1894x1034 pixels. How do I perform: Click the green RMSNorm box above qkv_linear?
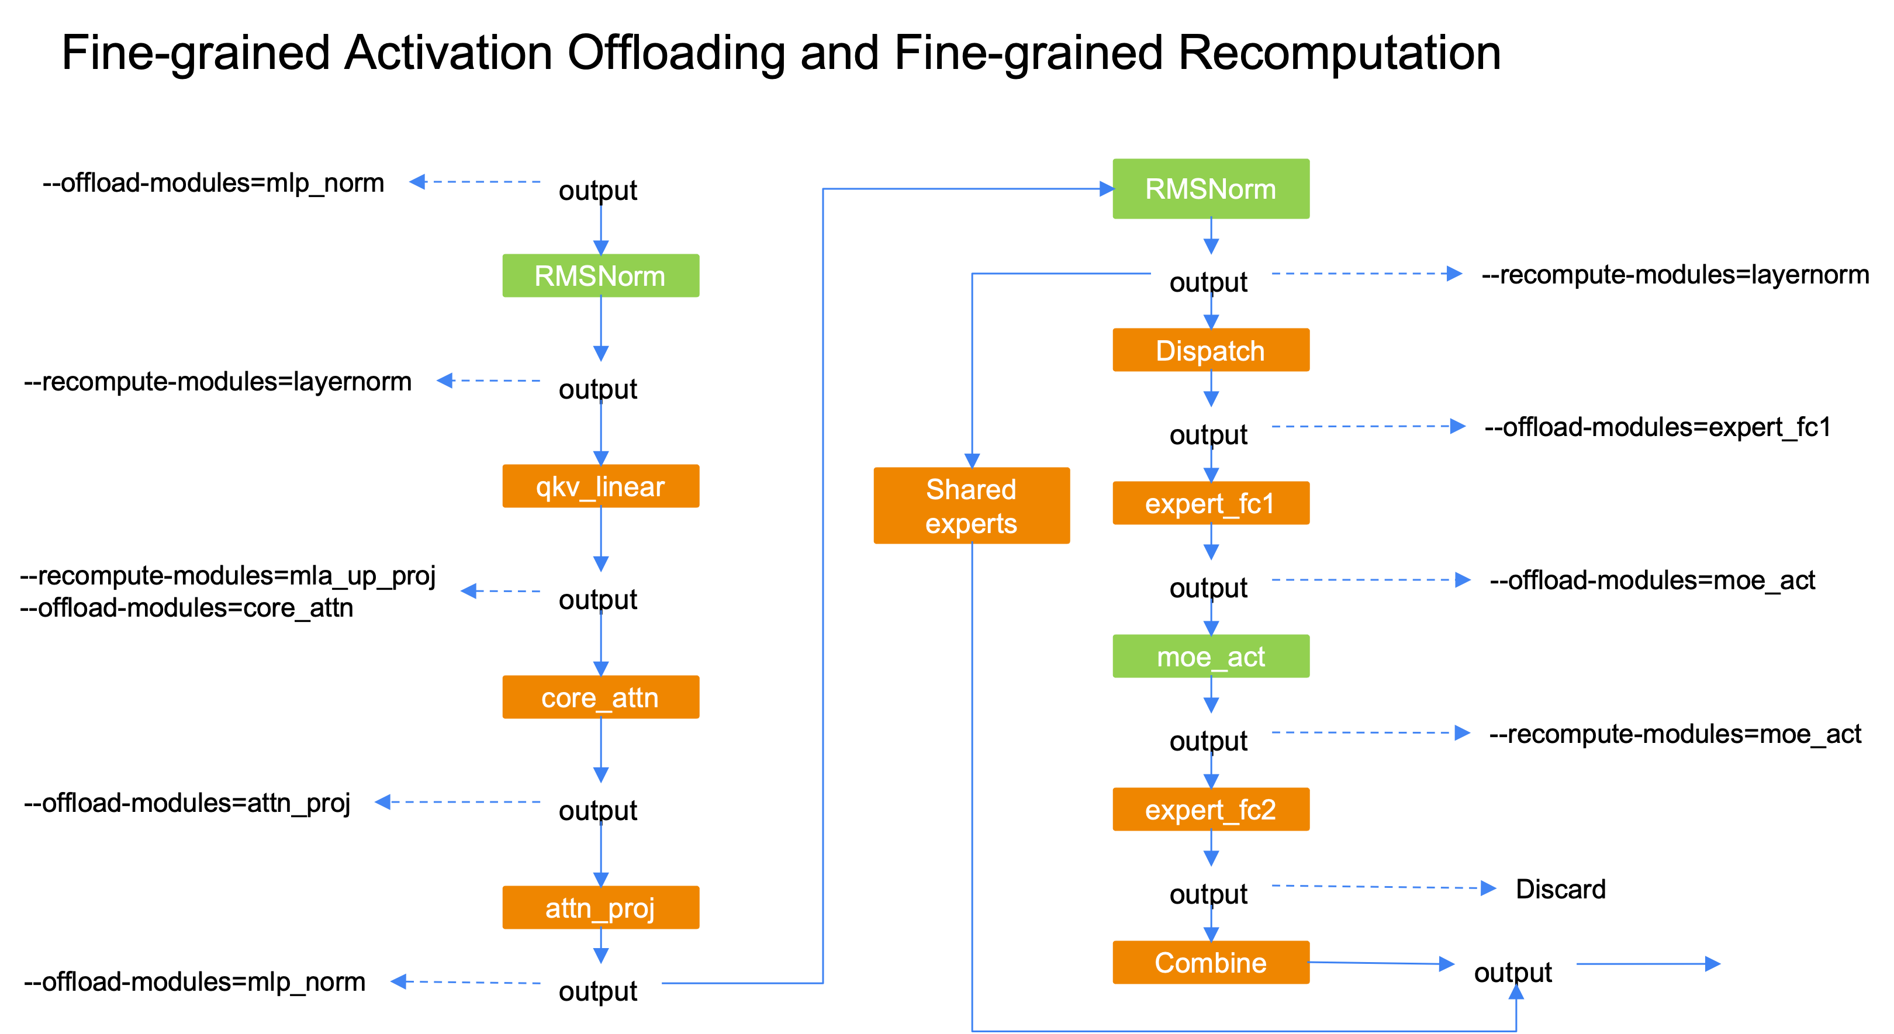tap(600, 276)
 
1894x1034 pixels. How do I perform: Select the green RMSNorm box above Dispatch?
tap(1210, 189)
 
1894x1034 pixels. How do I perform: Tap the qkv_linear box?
tap(600, 486)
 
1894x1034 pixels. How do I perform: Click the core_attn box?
tap(600, 697)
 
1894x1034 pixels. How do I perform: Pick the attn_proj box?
tap(600, 908)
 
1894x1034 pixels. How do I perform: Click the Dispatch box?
tap(1210, 350)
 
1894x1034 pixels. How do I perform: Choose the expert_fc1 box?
tap(1210, 503)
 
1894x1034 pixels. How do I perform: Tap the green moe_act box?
tap(1210, 656)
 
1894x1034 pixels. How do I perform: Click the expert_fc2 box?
tap(1210, 809)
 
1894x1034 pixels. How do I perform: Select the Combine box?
tap(1210, 963)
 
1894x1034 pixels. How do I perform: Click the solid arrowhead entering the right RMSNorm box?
tap(1107, 189)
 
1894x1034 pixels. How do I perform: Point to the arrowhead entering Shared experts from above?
tap(972, 461)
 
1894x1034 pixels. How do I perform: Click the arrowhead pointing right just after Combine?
tap(1446, 963)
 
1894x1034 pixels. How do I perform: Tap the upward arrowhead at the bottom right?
tap(1516, 992)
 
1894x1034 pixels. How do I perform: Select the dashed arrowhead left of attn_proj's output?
tap(399, 981)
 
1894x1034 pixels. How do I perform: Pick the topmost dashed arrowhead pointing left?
tap(417, 182)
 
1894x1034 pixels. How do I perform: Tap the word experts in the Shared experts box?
tap(972, 524)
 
